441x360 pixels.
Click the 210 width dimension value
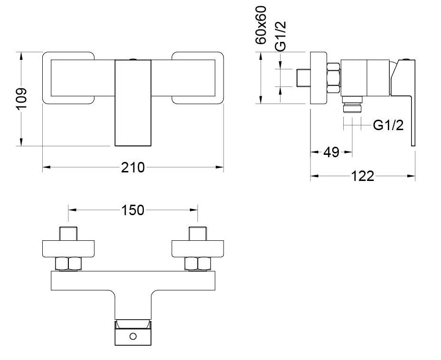[133, 167]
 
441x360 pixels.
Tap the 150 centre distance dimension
[133, 209]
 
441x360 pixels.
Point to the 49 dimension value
[331, 152]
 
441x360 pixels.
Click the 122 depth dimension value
[363, 176]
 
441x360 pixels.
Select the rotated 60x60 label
[261, 25]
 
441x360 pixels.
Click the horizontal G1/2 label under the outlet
[388, 125]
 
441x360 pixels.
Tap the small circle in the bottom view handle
[133, 336]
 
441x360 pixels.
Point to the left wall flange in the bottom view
[69, 248]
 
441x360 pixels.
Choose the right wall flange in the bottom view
[198, 248]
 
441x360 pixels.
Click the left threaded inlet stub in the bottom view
[69, 234]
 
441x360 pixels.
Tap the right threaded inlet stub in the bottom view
[197, 234]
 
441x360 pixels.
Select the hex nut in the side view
[334, 78]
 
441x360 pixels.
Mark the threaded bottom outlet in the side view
[352, 105]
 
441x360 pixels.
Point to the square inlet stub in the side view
[302, 78]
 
